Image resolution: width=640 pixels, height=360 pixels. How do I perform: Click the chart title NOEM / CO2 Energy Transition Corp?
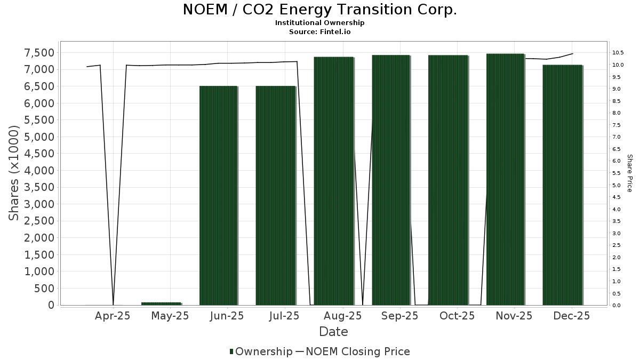coord(320,10)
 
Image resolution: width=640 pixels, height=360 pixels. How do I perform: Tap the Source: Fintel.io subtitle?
coord(320,31)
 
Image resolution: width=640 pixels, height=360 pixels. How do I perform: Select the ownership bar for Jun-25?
coord(218,195)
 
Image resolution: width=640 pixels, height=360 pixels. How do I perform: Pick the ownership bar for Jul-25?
coord(275,195)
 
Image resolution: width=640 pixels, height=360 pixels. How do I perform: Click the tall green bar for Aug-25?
coord(333,181)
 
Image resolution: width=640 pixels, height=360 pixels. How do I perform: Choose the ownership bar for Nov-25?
coord(506,179)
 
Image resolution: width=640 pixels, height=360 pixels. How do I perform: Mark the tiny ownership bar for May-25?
coord(161,303)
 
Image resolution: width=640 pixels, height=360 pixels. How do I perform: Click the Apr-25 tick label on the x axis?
coord(113,316)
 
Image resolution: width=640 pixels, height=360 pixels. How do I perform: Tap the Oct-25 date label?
coord(457,316)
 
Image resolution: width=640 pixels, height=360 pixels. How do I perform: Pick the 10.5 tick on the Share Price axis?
coord(619,53)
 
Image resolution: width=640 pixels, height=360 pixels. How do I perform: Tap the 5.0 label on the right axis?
coord(617,185)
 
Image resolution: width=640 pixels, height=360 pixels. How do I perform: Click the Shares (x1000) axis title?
coord(14,173)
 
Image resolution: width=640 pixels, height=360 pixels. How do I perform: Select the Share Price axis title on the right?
coord(629,173)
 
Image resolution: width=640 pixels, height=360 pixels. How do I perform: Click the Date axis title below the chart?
coord(333,332)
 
